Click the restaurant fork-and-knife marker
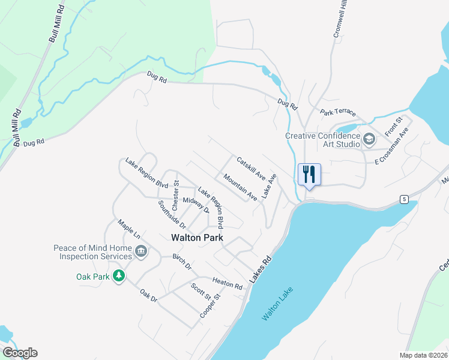(309, 175)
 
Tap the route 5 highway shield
(406, 199)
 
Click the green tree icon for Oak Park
(119, 276)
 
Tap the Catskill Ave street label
(251, 169)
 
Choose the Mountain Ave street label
(240, 187)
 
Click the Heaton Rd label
(227, 283)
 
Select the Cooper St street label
(211, 305)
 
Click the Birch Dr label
(181, 262)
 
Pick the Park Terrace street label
(338, 112)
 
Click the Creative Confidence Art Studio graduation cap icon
(369, 140)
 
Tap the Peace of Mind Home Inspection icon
(141, 251)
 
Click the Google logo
(19, 353)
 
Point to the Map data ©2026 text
(423, 355)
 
